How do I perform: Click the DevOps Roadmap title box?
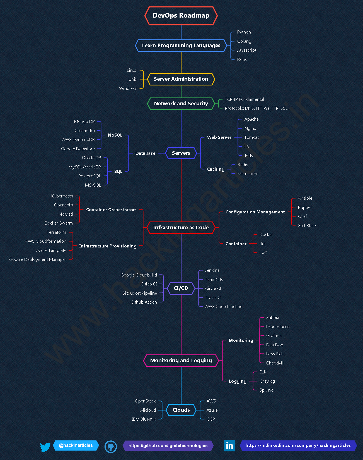(181, 16)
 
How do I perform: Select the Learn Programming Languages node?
(181, 46)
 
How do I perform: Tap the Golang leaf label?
(244, 41)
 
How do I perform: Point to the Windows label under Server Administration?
(128, 89)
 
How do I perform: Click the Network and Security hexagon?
(181, 104)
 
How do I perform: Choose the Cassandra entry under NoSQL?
(84, 131)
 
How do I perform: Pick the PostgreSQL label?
(89, 176)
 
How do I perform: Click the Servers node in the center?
(181, 153)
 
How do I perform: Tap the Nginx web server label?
(250, 128)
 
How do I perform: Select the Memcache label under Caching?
(248, 174)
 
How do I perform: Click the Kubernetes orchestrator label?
(62, 196)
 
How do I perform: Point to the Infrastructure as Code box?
(181, 228)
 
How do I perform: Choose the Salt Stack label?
(307, 226)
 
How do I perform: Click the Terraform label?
(56, 232)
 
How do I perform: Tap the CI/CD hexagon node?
(181, 288)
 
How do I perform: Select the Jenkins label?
(212, 270)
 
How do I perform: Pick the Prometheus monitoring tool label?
(278, 327)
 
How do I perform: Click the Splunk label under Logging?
(266, 390)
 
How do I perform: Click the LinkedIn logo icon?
(229, 445)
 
